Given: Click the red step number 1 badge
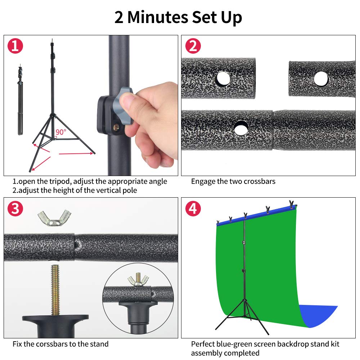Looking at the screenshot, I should pyautogui.click(x=15, y=46).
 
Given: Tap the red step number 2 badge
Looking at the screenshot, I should pyautogui.click(x=193, y=46).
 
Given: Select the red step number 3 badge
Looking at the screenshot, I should pyautogui.click(x=15, y=209).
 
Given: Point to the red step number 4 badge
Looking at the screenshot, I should pyautogui.click(x=193, y=209).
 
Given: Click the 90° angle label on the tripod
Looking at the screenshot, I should pyautogui.click(x=61, y=132).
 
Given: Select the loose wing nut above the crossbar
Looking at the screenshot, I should pyautogui.click(x=54, y=217).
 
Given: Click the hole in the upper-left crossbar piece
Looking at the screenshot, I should pyautogui.click(x=222, y=78).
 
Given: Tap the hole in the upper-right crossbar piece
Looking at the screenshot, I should pyautogui.click(x=321, y=78).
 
